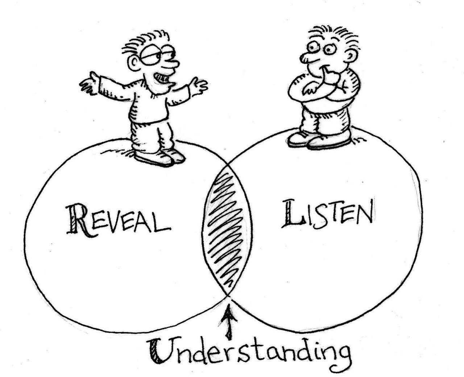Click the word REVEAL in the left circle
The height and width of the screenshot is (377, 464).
click(118, 220)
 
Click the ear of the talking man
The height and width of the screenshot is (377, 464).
click(134, 65)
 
